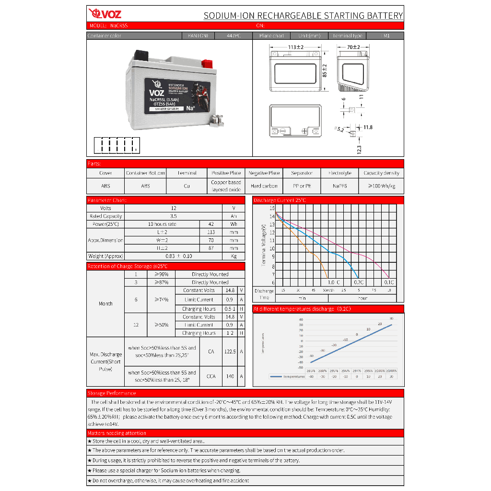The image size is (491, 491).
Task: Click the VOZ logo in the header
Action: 105,14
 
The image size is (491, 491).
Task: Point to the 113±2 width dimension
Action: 296,47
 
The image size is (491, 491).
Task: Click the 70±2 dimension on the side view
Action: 353,47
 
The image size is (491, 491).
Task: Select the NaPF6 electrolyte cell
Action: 340,186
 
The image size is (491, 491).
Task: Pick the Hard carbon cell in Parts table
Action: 264,186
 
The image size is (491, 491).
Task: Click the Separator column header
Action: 302,173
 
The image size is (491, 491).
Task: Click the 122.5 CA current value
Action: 230,351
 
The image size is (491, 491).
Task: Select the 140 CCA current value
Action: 230,376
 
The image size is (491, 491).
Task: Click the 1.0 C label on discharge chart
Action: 334,282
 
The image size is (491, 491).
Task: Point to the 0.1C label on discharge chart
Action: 389,282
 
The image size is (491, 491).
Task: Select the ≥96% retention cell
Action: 161,274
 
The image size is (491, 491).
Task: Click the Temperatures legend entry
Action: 288,376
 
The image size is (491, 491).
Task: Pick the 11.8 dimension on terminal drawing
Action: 368,128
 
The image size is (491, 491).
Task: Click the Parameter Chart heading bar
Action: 107,200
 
